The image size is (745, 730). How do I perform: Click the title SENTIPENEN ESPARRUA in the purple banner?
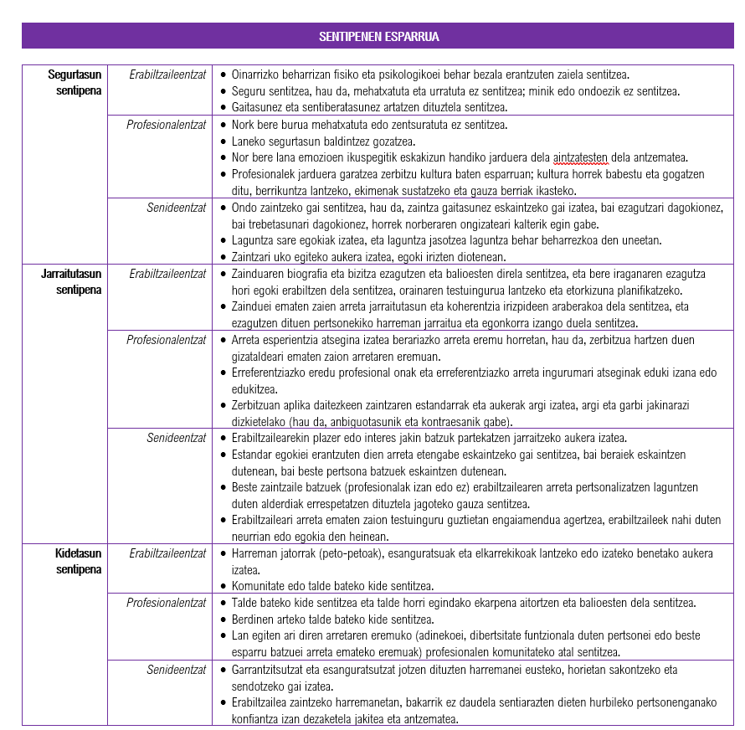[x=378, y=37]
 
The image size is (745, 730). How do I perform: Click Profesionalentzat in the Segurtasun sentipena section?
[x=166, y=125]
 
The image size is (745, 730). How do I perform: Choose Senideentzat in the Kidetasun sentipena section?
[x=177, y=670]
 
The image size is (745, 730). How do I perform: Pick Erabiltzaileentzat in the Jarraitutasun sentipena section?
[x=167, y=274]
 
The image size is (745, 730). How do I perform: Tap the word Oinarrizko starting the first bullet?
[x=257, y=75]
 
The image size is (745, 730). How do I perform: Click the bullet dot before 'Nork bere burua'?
[x=223, y=125]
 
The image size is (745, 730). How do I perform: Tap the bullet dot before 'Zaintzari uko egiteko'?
[x=223, y=257]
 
